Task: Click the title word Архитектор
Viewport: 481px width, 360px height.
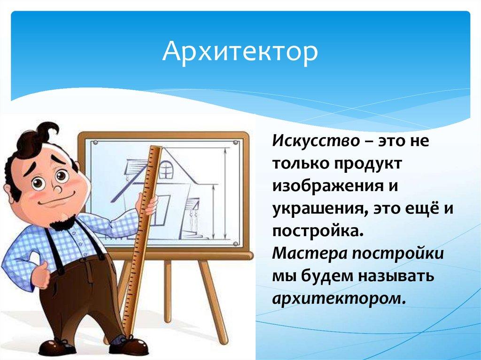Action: click(240, 53)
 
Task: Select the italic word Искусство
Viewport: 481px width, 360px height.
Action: click(316, 141)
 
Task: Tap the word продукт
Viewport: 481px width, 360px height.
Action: click(367, 164)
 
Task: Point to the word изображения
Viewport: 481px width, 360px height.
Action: click(328, 187)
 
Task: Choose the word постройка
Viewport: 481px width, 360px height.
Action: click(318, 231)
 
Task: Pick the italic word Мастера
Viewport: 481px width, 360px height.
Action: click(309, 253)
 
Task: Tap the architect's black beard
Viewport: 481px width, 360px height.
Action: click(63, 222)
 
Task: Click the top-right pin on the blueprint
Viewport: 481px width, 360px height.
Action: click(235, 143)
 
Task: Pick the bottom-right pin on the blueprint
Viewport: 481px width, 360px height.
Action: click(235, 244)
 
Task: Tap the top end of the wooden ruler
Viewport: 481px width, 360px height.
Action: click(155, 148)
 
